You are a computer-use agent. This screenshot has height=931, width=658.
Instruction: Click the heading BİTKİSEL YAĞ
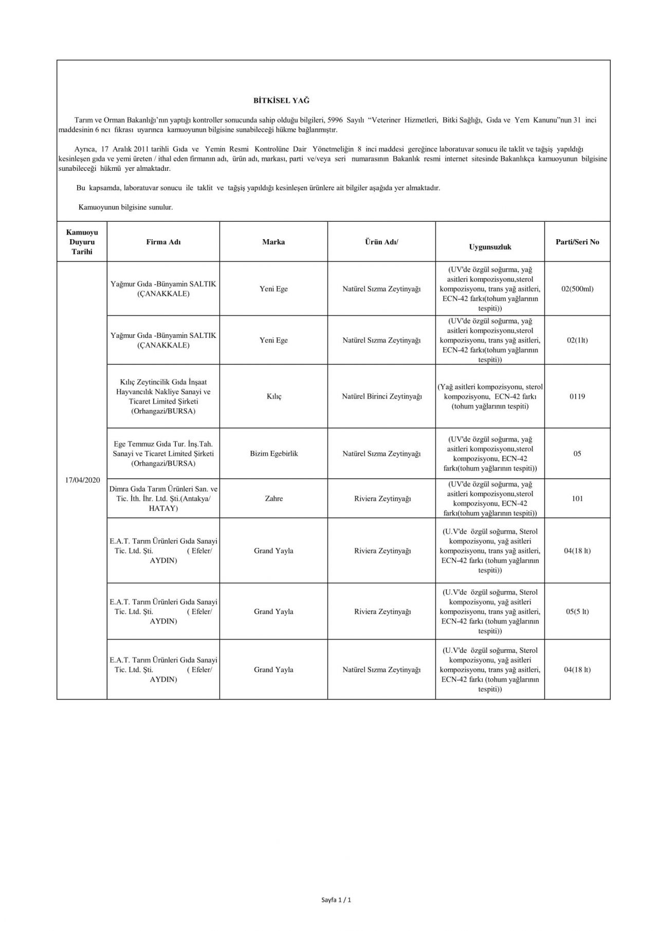[x=281, y=101]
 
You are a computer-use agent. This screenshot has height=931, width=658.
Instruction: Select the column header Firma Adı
[x=163, y=242]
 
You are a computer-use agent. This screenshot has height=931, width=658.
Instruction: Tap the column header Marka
[x=273, y=242]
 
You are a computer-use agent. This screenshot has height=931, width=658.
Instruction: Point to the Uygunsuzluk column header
[x=490, y=247]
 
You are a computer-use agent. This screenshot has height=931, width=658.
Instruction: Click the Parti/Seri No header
[x=577, y=242]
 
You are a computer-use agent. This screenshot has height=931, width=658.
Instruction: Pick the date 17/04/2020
[x=82, y=480]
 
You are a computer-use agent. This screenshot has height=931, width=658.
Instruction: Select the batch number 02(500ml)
[x=577, y=289]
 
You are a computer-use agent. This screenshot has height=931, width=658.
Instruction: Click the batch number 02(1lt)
[x=577, y=340]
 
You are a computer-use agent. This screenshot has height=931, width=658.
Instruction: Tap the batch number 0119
[x=577, y=397]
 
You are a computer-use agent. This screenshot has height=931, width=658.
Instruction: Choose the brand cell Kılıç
[x=273, y=397]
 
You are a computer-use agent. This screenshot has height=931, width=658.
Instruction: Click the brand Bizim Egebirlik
[x=273, y=454]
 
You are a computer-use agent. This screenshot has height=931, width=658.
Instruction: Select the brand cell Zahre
[x=273, y=498]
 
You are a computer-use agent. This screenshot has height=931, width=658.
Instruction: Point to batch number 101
[x=577, y=498]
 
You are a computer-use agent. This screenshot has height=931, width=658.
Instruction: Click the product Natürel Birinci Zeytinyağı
[x=381, y=397]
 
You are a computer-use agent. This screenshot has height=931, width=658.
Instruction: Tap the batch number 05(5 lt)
[x=577, y=612]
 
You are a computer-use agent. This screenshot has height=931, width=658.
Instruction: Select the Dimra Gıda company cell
[x=163, y=498]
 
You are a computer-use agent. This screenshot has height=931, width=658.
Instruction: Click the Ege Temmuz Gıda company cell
[x=163, y=454]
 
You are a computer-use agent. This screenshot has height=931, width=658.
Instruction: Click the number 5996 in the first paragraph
[x=335, y=120]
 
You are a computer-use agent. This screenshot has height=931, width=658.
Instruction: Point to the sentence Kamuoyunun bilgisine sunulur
[x=125, y=207]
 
